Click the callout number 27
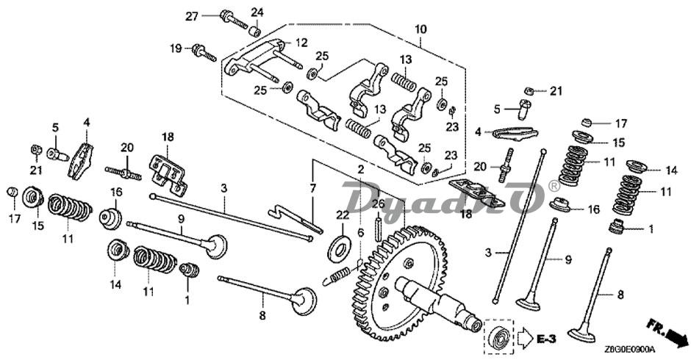tap(192, 16)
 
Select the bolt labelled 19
tap(203, 52)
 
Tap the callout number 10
tap(420, 29)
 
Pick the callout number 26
tap(378, 204)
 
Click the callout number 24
tap(257, 12)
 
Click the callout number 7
tap(313, 189)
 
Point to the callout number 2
tap(360, 169)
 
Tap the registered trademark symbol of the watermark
tap(553, 187)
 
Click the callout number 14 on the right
tap(670, 170)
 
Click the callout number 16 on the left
tap(115, 192)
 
